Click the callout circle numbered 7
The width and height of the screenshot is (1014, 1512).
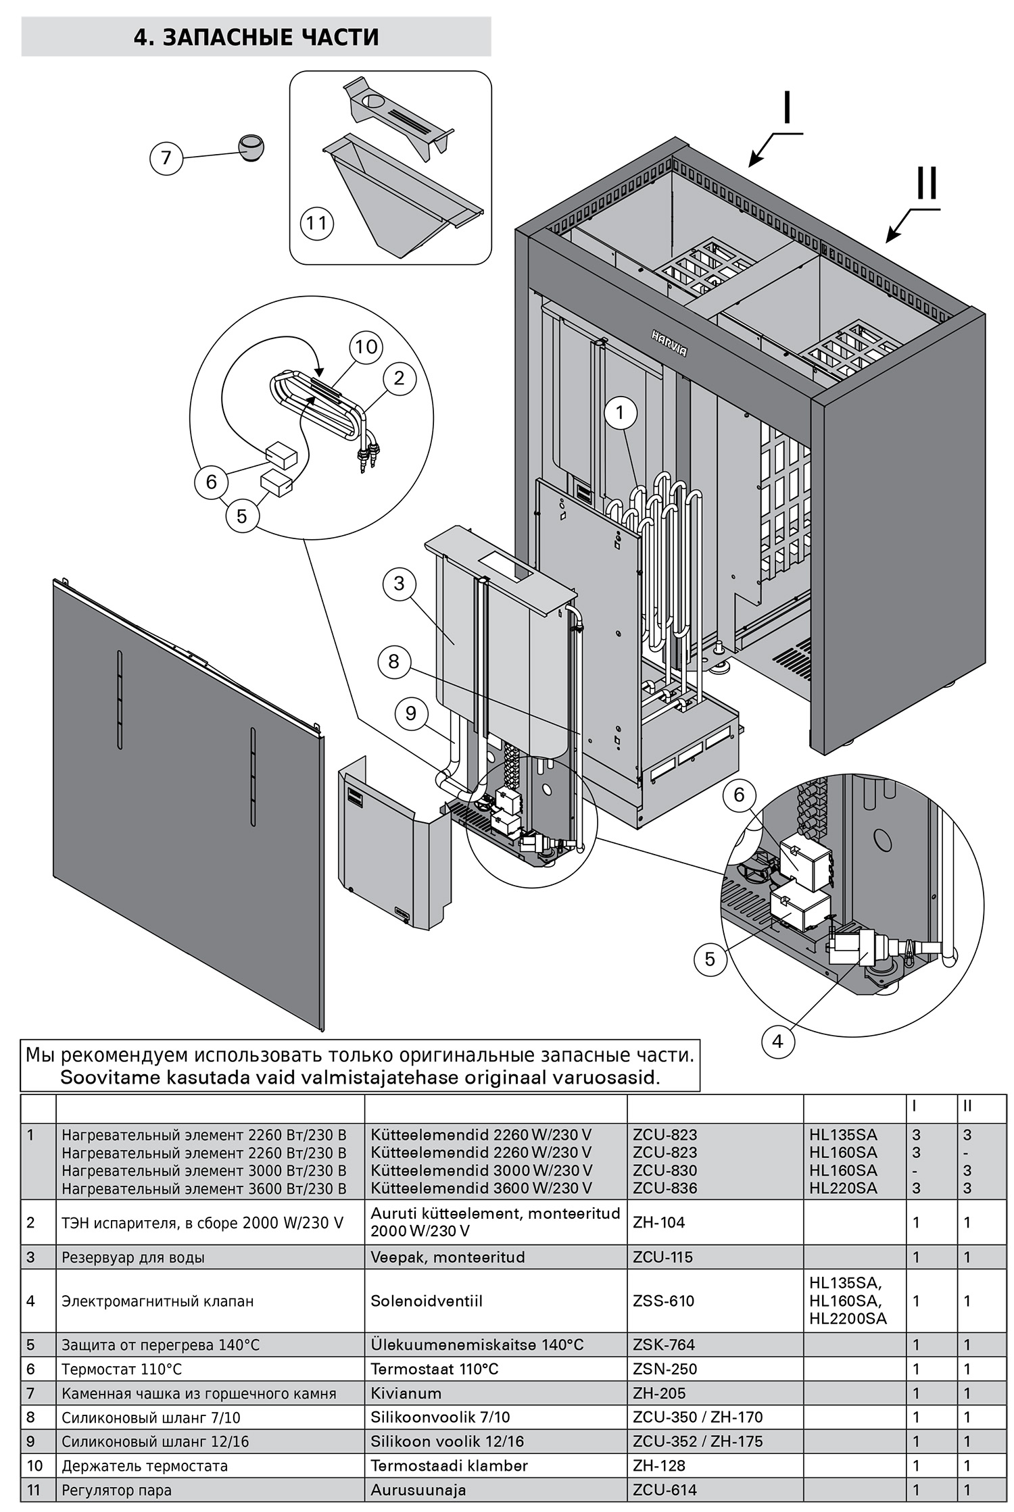click(x=166, y=158)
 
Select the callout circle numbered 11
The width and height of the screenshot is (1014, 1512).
click(x=317, y=222)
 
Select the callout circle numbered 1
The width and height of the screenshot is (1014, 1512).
click(x=621, y=411)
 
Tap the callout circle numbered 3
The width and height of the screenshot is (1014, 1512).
click(x=399, y=583)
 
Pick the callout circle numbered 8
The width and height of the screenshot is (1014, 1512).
click(x=393, y=661)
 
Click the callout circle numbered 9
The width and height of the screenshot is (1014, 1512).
click(x=411, y=713)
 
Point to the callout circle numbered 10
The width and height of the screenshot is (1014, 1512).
click(x=366, y=347)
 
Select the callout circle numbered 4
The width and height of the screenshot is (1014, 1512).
click(x=777, y=1041)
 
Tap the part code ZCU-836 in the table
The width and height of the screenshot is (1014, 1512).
click(x=665, y=1188)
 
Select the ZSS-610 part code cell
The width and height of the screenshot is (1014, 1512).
click(x=663, y=1301)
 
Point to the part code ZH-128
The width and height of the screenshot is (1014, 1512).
click(x=658, y=1465)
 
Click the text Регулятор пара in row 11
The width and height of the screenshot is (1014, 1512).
click(x=116, y=1490)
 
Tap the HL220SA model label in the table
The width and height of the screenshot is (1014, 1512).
click(x=843, y=1188)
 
